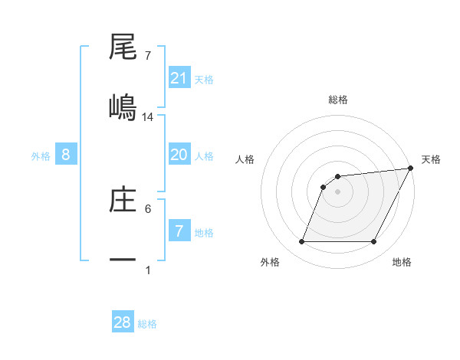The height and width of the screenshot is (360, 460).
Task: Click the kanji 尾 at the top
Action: coord(123,47)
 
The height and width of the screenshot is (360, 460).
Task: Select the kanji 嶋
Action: coord(123,107)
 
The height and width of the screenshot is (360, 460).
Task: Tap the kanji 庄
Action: coord(123,199)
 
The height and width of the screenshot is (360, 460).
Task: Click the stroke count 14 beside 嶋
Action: coord(148,117)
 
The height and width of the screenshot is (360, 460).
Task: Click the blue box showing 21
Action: coord(179,78)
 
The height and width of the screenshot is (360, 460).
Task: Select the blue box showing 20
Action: coord(179,155)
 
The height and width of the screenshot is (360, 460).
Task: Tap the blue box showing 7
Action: coord(179,231)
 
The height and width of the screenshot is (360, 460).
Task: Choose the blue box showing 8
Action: coord(66,155)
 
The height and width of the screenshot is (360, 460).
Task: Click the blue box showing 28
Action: coord(123,322)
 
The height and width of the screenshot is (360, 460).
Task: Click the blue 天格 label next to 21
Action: coord(204,79)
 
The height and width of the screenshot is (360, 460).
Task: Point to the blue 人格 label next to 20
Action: coord(204,155)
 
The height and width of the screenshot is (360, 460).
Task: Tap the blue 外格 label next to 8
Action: coord(41,155)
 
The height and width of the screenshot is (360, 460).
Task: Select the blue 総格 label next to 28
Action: coord(147,323)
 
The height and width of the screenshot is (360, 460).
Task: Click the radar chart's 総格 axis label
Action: coord(338,100)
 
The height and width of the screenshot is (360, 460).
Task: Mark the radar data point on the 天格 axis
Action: coord(411,169)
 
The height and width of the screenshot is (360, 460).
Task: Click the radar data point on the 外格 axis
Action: coord(301,242)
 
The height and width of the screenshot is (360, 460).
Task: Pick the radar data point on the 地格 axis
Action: coord(374,242)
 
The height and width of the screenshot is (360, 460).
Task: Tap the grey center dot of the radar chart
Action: coord(338,191)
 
